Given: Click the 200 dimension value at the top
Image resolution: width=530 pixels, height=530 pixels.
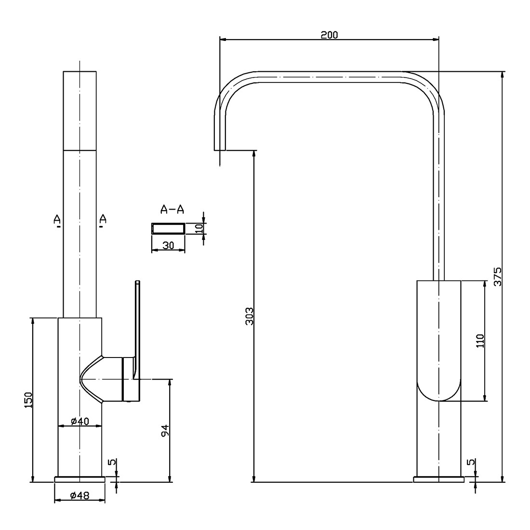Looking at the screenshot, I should [x=330, y=34].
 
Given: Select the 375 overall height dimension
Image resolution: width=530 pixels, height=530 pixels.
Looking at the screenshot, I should [x=498, y=276].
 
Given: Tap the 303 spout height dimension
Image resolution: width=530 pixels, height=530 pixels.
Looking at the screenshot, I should [x=249, y=316].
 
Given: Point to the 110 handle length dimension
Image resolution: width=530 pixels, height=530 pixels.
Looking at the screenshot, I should [x=480, y=341].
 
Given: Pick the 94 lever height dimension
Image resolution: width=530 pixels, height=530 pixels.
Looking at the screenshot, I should [x=164, y=430].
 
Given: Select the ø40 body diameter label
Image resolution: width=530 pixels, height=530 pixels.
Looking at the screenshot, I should [x=79, y=421].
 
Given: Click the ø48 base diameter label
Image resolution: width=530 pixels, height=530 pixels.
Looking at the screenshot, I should [x=79, y=495].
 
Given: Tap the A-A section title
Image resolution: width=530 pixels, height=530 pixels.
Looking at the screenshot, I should [x=172, y=209].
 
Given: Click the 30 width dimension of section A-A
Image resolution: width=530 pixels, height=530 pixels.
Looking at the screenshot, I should [x=168, y=245].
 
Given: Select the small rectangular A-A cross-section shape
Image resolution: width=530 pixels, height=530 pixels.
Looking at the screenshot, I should [x=168, y=228].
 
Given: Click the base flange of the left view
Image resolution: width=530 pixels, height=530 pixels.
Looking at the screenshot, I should [x=79, y=479].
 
